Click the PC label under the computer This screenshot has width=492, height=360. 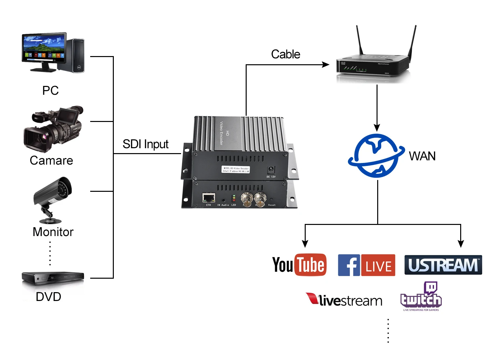coord(51,90)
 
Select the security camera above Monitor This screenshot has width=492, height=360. coord(52,198)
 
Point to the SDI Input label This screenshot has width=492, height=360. coord(145,144)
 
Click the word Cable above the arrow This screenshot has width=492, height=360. coord(285,54)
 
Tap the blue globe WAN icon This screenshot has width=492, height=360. coord(376,156)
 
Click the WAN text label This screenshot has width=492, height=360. coord(422,156)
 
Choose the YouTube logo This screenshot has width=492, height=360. coord(299,265)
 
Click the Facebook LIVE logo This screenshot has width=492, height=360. coord(366,265)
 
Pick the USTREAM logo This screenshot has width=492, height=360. coord(443,265)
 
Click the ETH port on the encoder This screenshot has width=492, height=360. coord(209,198)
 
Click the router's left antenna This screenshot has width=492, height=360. coord(360,41)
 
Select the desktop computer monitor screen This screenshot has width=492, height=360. coord(43,48)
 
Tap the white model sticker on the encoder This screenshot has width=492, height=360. coord(236,170)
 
